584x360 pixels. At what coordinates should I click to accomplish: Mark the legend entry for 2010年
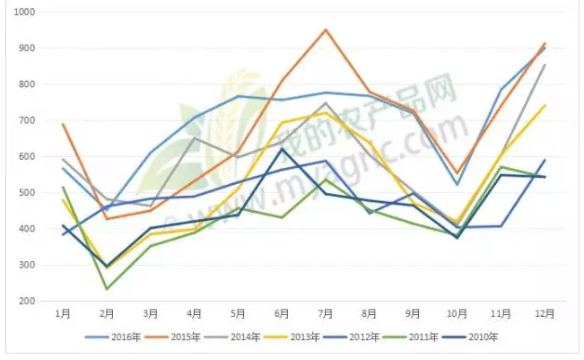[x=484, y=338]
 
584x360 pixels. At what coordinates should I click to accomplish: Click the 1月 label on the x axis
[x=63, y=314]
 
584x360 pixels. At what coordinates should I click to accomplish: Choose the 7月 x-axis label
[x=326, y=314]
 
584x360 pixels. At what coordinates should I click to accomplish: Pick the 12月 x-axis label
[x=545, y=314]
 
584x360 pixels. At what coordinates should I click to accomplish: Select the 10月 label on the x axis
[x=458, y=314]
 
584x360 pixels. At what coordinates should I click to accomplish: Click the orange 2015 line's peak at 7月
[x=326, y=30]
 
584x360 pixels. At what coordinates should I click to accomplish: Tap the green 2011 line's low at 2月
[x=107, y=289]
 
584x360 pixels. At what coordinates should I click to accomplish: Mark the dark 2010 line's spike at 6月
[x=282, y=149]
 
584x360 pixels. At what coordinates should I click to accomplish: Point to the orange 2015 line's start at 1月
[x=63, y=124]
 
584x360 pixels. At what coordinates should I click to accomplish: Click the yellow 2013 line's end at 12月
[x=545, y=105]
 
